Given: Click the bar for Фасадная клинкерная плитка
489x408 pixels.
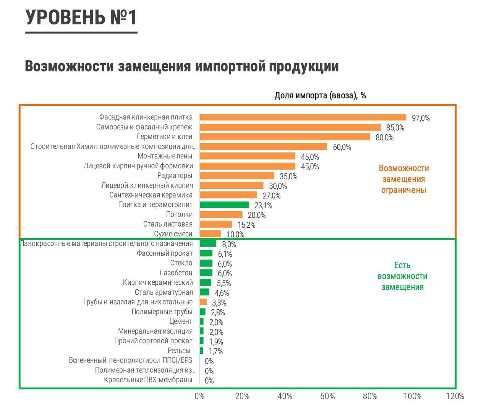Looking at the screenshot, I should tap(303, 118).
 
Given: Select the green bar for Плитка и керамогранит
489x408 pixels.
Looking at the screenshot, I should tap(224, 205).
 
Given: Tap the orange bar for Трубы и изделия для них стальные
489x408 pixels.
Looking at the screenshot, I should tap(203, 302).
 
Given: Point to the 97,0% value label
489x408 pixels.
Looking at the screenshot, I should tap(421, 118).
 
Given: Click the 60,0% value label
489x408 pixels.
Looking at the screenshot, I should tap(342, 147).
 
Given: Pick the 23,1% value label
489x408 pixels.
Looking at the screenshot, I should tap(263, 206).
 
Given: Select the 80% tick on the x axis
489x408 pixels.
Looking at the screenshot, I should tap(370, 396).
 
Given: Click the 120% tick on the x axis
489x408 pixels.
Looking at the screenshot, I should tap(455, 396).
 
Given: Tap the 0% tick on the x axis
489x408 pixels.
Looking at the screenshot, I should tap(200, 396).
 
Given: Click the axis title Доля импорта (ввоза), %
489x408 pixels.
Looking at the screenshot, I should tap(320, 95).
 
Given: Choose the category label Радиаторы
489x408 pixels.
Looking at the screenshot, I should tap(175, 176).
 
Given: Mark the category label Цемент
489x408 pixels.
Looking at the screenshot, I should tap(181, 322).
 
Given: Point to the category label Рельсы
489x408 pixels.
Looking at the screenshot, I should tap(179, 351).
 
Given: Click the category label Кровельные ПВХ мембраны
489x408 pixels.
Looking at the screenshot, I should tap(148, 380).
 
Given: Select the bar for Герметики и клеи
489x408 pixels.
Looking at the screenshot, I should tap(285, 137).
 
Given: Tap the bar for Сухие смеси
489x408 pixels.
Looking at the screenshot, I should tap(210, 234).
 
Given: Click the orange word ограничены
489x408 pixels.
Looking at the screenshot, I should tap(403, 190).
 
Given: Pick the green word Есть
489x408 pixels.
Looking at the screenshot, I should tap(402, 265).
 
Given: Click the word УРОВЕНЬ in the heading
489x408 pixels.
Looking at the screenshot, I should tap(65, 18).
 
